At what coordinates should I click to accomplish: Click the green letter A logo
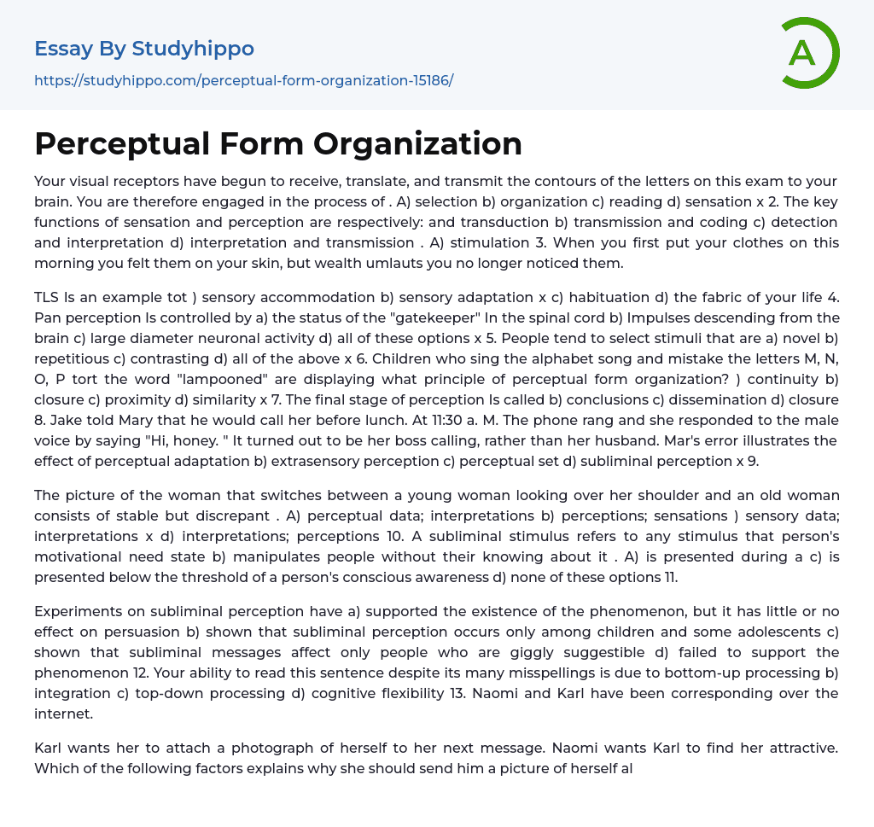click(806, 53)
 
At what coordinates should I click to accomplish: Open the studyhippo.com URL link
click(243, 81)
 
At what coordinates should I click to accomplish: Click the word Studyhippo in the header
click(193, 49)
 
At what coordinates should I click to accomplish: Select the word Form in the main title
click(264, 144)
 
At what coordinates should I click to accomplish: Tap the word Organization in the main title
click(417, 144)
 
